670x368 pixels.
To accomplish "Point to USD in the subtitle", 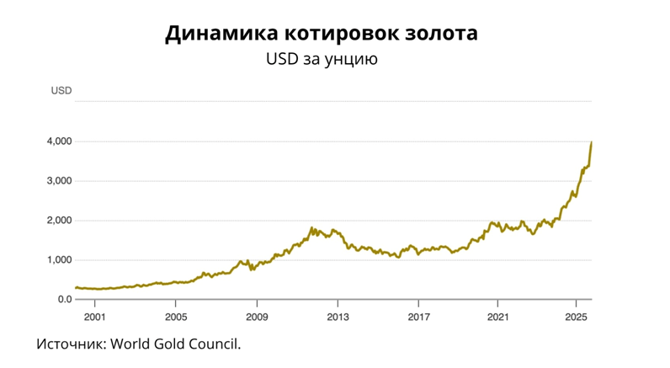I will point(283,60).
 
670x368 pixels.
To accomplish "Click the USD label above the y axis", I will point(61,90).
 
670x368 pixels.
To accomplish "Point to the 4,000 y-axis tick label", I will point(59,141).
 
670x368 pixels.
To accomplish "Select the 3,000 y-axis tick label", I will point(59,181).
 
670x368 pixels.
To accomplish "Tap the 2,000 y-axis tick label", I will point(59,221).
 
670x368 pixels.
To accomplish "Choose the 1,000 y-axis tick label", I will point(59,260).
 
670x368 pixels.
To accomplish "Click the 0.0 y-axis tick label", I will point(63,300).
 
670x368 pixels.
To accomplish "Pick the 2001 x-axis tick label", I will point(94,317).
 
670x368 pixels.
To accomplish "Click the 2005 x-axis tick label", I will point(175,317).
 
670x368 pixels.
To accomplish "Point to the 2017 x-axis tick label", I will point(418,317).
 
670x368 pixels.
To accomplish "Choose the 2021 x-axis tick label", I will point(498,317).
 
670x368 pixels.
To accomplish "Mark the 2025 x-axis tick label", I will point(576,317).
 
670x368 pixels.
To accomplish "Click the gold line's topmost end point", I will point(592,142).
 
